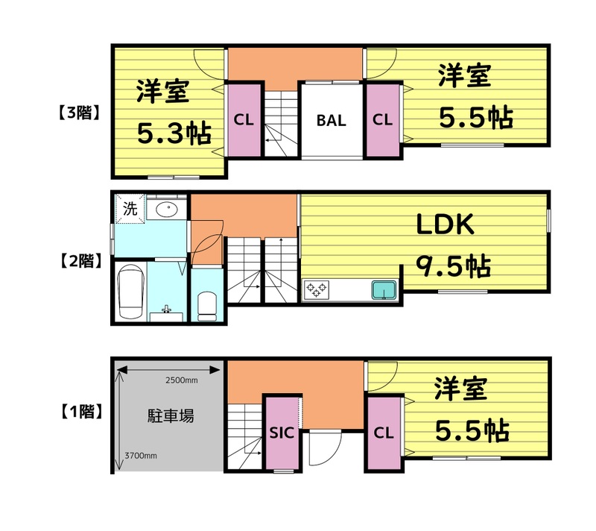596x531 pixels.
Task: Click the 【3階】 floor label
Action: (79, 113)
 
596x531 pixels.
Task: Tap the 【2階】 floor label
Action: (79, 261)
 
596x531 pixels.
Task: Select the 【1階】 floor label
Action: (79, 409)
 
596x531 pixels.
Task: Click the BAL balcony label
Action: (331, 121)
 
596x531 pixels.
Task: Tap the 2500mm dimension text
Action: (181, 381)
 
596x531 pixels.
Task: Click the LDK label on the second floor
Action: (445, 224)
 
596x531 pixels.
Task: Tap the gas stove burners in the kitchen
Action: (317, 289)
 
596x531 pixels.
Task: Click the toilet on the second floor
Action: (207, 305)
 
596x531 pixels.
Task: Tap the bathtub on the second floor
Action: (130, 291)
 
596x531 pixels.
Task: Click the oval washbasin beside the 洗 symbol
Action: (165, 210)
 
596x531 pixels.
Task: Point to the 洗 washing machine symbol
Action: (130, 210)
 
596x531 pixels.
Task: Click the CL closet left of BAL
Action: (243, 120)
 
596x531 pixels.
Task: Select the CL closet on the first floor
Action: (383, 433)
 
